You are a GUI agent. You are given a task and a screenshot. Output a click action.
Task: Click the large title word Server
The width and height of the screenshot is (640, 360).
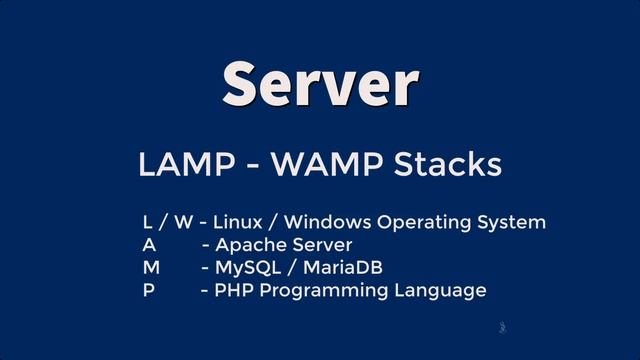click(x=320, y=82)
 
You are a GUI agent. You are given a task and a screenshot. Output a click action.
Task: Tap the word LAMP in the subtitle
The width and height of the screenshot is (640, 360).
click(x=178, y=165)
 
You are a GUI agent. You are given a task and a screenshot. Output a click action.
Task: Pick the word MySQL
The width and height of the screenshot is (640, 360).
click(x=245, y=268)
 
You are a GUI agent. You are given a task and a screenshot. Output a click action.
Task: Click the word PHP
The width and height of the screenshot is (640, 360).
click(x=233, y=291)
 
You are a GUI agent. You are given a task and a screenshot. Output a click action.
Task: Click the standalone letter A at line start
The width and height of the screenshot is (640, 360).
click(x=149, y=245)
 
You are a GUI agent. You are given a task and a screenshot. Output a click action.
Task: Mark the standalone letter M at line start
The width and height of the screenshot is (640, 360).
click(x=151, y=268)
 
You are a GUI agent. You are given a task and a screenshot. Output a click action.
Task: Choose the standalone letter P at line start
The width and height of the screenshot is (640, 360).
click(x=148, y=291)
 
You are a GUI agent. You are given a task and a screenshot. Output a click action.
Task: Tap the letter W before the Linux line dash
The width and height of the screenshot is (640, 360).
click(x=182, y=222)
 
